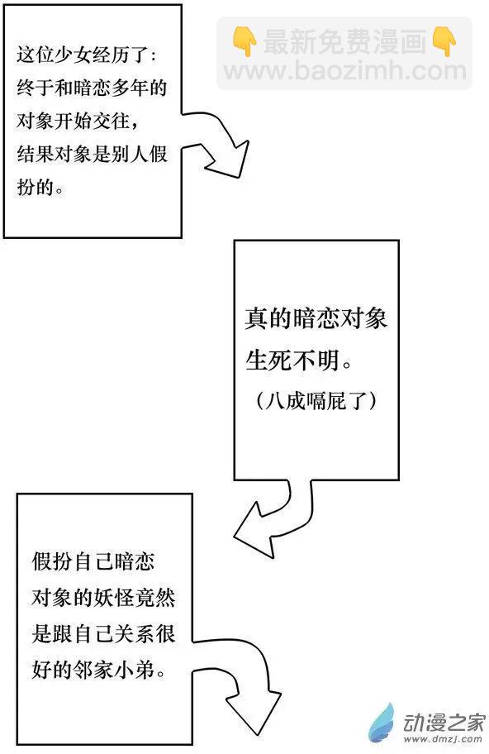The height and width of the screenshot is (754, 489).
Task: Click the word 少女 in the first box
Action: click(x=73, y=55)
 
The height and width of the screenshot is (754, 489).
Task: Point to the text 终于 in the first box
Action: click(x=35, y=88)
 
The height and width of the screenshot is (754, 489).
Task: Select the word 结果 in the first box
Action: click(x=35, y=154)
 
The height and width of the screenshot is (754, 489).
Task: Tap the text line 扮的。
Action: click(x=40, y=187)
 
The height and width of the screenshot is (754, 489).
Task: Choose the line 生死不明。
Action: click(x=299, y=360)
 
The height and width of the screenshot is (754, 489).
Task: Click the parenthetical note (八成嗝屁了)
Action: click(x=317, y=400)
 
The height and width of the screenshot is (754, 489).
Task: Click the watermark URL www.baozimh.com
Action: click(x=345, y=71)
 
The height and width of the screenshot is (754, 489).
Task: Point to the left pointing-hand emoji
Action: click(x=244, y=41)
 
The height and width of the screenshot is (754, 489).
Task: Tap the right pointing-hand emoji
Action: click(x=444, y=41)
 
